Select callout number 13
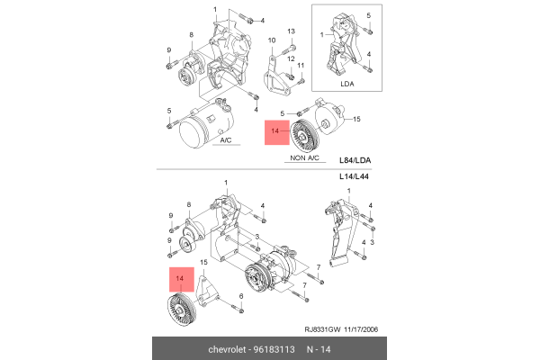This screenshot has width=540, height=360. [x=292, y=31]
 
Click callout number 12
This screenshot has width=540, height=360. [x=292, y=58]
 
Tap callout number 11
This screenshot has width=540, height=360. [x=301, y=66]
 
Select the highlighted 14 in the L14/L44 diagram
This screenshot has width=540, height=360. [x=180, y=280]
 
